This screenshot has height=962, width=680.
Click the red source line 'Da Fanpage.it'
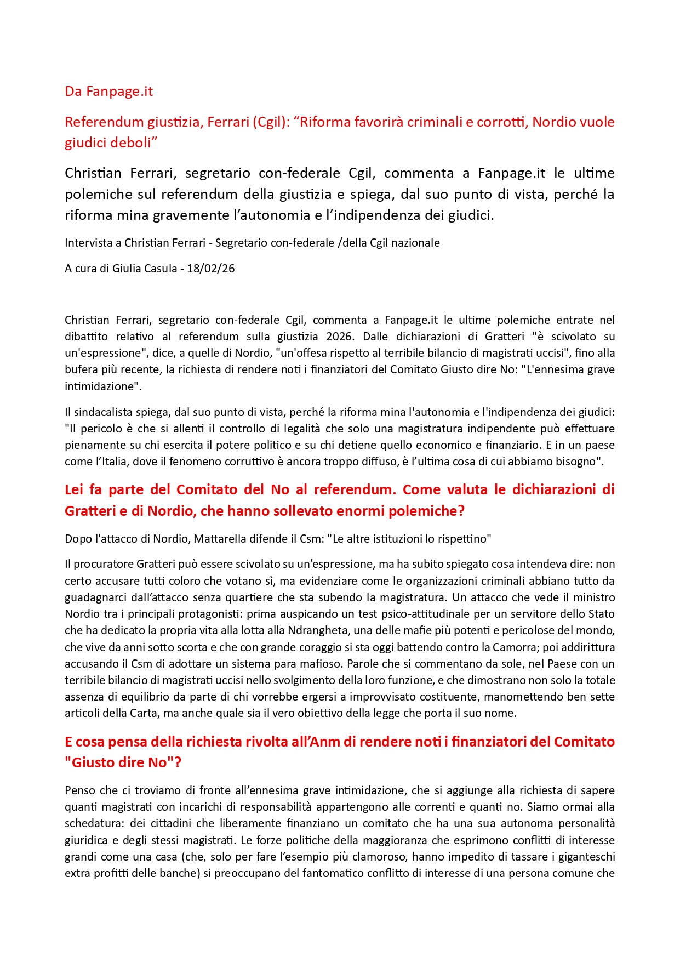pos(108,92)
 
